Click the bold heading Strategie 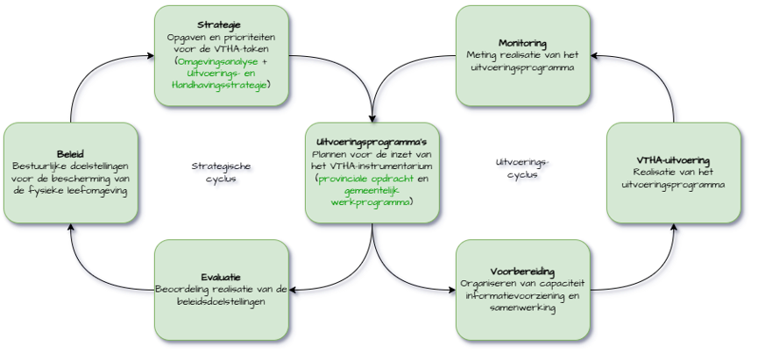(221, 25)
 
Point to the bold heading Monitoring (522, 43)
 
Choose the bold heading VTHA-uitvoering (673, 159)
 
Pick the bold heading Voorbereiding (522, 271)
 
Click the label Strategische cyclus (221, 172)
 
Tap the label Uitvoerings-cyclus (522, 167)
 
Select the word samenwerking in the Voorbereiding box (522, 307)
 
